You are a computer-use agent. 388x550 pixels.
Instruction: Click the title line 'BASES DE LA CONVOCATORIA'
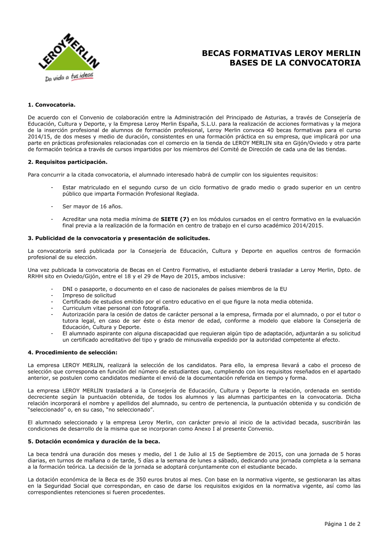295,63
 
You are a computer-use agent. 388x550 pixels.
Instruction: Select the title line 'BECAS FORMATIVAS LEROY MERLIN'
281,53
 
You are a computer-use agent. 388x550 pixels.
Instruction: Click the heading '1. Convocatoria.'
51,105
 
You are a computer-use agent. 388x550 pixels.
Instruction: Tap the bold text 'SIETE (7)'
175,219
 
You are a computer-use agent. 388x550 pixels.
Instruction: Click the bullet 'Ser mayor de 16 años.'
92,206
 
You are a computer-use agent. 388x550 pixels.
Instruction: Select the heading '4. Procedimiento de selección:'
72,353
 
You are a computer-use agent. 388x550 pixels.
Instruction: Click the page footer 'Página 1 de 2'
342,524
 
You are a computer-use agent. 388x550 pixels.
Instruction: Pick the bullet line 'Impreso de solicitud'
89,295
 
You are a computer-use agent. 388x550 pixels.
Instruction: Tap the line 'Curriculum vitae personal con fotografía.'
116,308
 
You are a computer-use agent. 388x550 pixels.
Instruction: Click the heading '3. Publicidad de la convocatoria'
119,238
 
